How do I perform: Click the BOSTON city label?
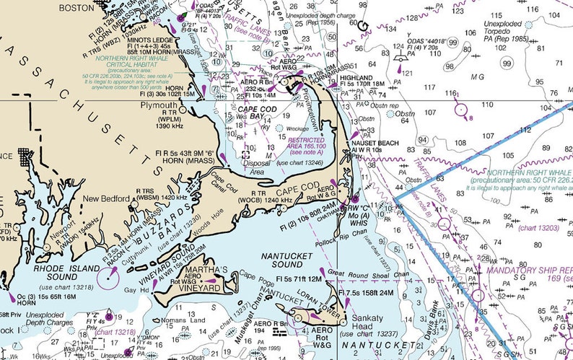pyautogui.click(x=76, y=8)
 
